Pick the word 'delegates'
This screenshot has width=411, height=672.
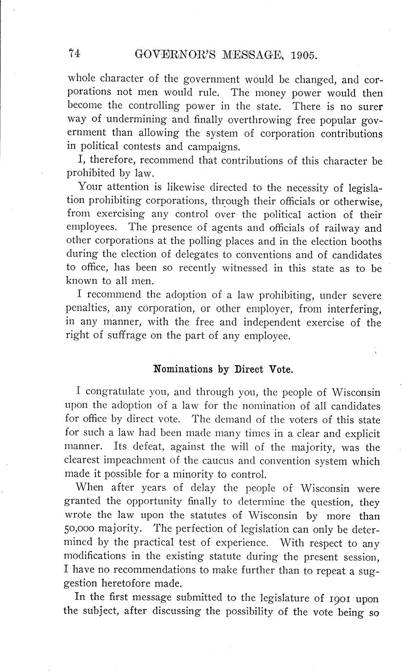pyautogui.click(x=190, y=254)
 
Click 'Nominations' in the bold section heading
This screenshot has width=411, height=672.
pyautogui.click(x=181, y=369)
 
